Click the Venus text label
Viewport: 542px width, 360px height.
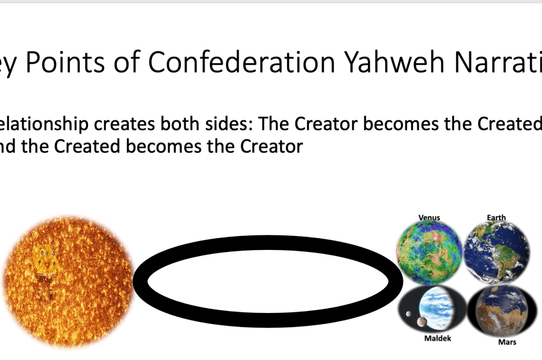tap(429, 218)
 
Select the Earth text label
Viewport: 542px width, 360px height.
tap(496, 218)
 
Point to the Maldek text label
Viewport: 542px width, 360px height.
tap(438, 338)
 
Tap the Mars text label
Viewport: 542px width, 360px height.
tap(507, 342)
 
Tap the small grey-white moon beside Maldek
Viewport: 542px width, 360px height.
tap(408, 314)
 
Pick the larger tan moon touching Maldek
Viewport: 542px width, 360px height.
tap(419, 322)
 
